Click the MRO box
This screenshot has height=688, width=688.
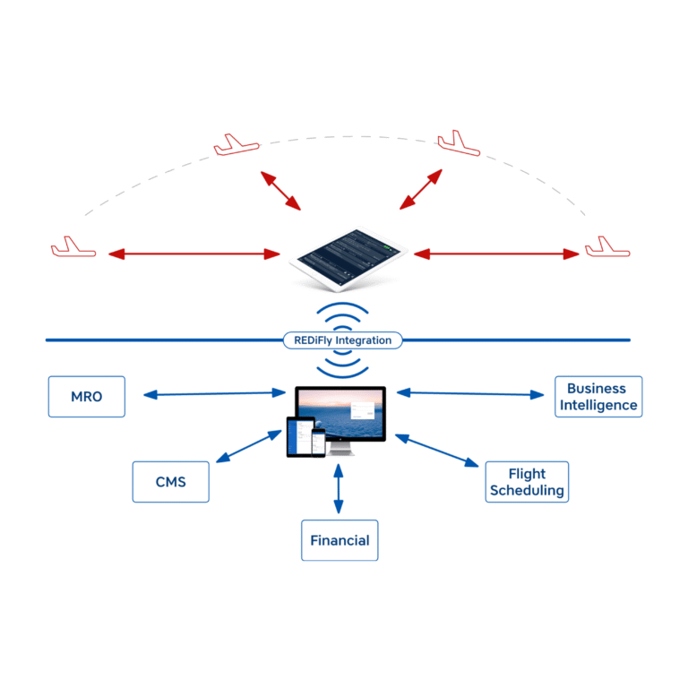coord(86,397)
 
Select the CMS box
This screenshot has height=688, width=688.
coord(170,482)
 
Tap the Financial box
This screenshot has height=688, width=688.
coord(340,540)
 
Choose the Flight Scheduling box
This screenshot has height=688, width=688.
coord(526,482)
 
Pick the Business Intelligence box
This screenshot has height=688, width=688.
coord(598,397)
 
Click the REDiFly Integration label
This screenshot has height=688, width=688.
coord(343,340)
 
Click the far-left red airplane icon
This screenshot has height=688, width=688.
coord(73,248)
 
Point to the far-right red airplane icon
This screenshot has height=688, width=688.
coord(607,247)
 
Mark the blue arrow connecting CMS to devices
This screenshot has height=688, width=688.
coord(249,446)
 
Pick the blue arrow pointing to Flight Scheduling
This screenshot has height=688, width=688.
coord(437,451)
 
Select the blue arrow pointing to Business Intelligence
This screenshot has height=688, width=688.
coord(470,392)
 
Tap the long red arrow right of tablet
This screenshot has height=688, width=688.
coord(496,254)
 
